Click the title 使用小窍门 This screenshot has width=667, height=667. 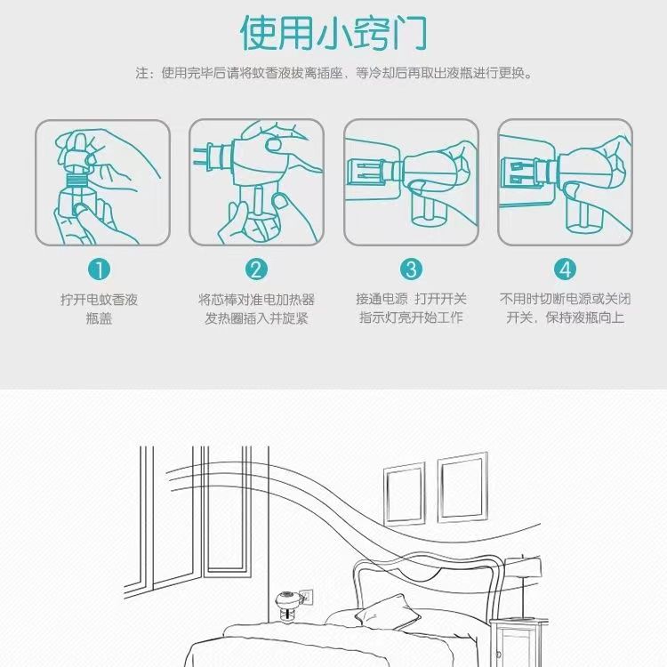[333, 33]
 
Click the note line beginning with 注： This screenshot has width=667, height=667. [333, 73]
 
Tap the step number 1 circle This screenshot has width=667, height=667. [99, 269]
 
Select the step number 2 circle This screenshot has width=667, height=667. [256, 269]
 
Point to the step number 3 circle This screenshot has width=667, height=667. [412, 269]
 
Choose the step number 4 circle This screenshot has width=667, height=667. [565, 269]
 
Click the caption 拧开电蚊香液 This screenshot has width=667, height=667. [99, 300]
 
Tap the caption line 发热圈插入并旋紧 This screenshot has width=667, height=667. [256, 318]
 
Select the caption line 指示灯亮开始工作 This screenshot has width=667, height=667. [411, 317]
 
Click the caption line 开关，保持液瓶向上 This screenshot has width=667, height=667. [565, 317]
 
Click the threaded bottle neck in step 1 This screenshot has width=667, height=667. [76, 180]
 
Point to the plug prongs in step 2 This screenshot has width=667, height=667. [205, 156]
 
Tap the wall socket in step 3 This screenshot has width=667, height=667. [365, 174]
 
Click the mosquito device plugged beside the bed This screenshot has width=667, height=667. [287, 607]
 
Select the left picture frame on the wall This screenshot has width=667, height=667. [405, 494]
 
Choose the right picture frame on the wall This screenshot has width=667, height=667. [462, 487]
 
